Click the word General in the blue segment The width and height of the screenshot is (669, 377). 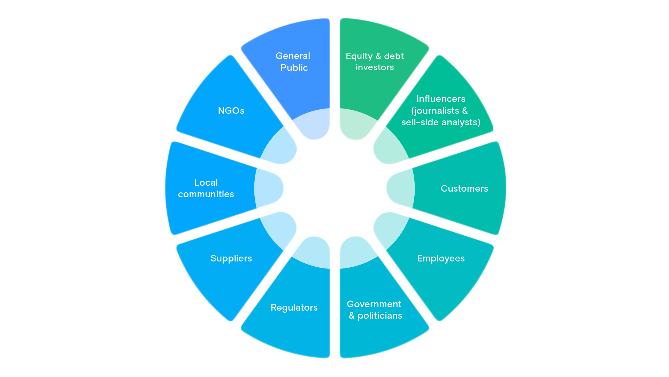click(x=293, y=56)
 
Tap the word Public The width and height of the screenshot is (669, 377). click(x=294, y=68)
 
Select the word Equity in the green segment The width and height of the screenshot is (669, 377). click(x=359, y=56)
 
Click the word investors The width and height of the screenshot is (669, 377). click(x=375, y=67)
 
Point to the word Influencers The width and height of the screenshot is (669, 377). click(x=441, y=99)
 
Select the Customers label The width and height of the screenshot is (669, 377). click(x=464, y=188)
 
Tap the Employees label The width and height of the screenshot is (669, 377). click(x=441, y=258)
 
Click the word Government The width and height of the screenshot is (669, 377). click(x=374, y=304)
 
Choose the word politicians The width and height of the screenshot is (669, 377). click(x=380, y=316)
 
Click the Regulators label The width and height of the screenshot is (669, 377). click(x=294, y=308)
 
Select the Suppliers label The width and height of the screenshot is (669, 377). click(x=231, y=258)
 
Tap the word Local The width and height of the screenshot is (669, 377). click(x=206, y=183)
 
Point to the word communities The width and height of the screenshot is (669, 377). click(x=206, y=194)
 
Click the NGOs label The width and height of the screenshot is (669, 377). click(x=231, y=111)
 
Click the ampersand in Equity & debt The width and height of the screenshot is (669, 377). click(x=378, y=56)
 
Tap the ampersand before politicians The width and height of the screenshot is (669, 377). click(x=352, y=316)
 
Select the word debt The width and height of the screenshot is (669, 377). click(x=394, y=56)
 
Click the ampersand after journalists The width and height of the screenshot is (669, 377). click(x=465, y=111)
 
